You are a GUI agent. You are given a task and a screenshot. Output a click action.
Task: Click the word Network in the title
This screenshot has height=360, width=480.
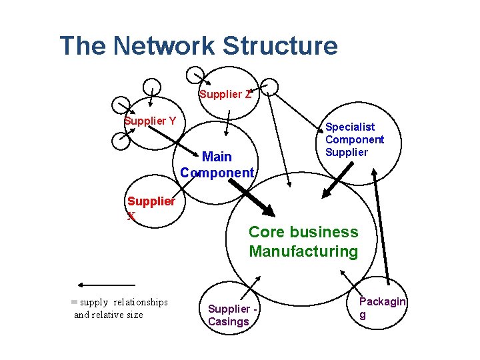(x=163, y=45)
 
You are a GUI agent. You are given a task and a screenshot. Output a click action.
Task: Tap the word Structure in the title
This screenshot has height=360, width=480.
(x=280, y=45)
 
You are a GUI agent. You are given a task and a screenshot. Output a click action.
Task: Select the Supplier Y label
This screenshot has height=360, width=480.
(x=150, y=121)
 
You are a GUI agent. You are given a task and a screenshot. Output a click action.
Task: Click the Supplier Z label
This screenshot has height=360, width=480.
(x=225, y=94)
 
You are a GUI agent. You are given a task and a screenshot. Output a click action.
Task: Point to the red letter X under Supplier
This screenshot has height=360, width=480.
(x=131, y=216)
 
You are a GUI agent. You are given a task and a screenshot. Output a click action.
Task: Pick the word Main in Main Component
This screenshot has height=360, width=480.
(x=217, y=157)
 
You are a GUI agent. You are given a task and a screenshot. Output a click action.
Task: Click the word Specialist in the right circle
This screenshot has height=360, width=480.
(x=350, y=127)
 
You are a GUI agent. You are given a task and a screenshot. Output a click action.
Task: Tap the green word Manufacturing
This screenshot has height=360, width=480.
(x=303, y=251)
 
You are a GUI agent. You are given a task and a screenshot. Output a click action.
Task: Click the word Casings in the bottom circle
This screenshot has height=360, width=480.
(x=229, y=322)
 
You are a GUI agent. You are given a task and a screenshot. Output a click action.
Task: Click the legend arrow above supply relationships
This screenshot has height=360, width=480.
(x=107, y=285)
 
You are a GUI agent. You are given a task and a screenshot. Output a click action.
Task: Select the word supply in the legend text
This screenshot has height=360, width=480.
(x=94, y=303)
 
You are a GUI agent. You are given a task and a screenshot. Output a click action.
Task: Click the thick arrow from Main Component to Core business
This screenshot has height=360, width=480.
(x=251, y=198)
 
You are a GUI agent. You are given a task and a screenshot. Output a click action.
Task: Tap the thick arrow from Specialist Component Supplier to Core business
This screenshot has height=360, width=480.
(x=337, y=180)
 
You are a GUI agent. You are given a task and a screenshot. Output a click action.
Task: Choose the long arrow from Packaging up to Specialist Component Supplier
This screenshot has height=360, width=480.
(x=381, y=227)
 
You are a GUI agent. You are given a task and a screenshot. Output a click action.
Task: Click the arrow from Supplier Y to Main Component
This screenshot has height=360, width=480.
(x=173, y=141)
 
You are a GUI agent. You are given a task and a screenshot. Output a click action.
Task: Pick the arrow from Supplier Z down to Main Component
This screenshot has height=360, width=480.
(x=227, y=123)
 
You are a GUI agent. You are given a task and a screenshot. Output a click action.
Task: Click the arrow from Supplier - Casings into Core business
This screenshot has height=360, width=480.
(x=251, y=288)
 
